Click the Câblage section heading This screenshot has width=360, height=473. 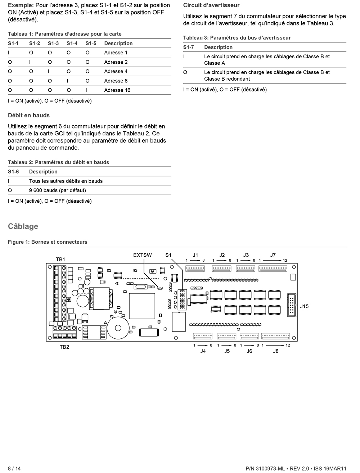23,226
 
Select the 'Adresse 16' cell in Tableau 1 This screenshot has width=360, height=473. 117,90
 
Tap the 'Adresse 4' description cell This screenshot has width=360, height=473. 116,71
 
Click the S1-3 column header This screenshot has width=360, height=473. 53,43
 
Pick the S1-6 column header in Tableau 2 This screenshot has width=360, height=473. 13,172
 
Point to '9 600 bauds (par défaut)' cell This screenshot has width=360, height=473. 57,190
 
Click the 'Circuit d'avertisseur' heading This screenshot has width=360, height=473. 211,5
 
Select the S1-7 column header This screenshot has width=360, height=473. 188,47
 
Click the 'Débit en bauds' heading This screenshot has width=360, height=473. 29,116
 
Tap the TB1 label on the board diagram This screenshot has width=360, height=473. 60,260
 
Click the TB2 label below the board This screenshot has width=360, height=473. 64,347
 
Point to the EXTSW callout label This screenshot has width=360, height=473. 143,255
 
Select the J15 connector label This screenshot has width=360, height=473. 304,306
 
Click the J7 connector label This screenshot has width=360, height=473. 273,255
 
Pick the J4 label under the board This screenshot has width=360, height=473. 203,351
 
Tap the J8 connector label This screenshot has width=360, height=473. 275,351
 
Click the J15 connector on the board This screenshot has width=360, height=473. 292,305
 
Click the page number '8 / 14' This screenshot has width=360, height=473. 14,468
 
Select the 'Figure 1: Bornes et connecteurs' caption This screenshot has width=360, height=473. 48,242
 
